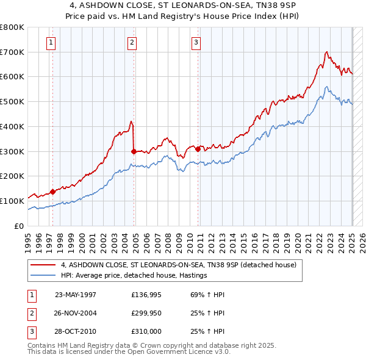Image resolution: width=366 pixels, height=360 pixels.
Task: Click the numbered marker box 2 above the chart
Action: (x=132, y=42)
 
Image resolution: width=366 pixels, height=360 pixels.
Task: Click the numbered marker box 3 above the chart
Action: (x=196, y=42)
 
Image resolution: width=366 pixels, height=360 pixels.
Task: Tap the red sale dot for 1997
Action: (x=52, y=192)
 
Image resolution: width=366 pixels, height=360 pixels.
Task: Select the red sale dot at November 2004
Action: (x=134, y=151)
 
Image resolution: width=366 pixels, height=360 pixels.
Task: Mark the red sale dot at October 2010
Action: (x=198, y=148)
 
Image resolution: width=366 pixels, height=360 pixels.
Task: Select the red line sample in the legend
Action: (x=43, y=265)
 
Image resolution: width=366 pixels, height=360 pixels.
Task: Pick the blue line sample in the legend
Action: (x=43, y=275)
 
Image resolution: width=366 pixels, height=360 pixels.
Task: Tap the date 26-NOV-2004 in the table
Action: (x=76, y=313)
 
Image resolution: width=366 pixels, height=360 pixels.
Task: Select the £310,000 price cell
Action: (x=146, y=331)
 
